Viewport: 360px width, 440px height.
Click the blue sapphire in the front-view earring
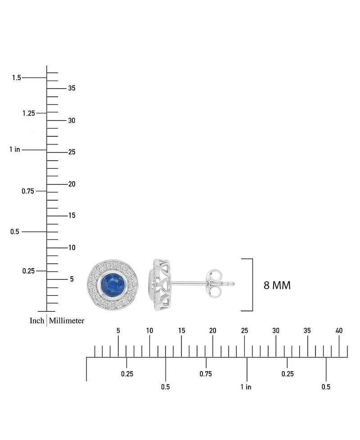pyautogui.click(x=112, y=284)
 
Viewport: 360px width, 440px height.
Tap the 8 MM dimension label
pyautogui.click(x=277, y=285)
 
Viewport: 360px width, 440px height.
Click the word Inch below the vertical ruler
pyautogui.click(x=37, y=320)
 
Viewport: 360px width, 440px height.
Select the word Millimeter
pyautogui.click(x=67, y=320)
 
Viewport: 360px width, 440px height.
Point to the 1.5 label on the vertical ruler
pyautogui.click(x=17, y=77)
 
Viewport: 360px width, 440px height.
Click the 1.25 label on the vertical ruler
pyautogui.click(x=29, y=113)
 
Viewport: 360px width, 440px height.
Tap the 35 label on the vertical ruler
pyautogui.click(x=72, y=88)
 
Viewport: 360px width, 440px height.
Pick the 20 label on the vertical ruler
pyautogui.click(x=72, y=184)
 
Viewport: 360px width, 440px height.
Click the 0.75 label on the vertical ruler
pyautogui.click(x=28, y=191)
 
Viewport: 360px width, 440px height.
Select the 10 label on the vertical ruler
pyautogui.click(x=72, y=247)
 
